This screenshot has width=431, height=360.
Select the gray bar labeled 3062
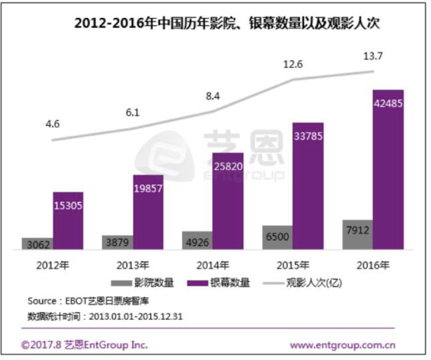[37, 243]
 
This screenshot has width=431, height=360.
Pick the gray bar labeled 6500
[276, 237]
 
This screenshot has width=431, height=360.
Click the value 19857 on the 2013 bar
[148, 189]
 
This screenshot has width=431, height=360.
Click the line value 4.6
[53, 124]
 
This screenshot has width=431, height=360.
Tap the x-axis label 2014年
[213, 264]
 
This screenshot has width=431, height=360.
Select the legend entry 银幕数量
[218, 283]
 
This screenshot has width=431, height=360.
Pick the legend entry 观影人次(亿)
[302, 283]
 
